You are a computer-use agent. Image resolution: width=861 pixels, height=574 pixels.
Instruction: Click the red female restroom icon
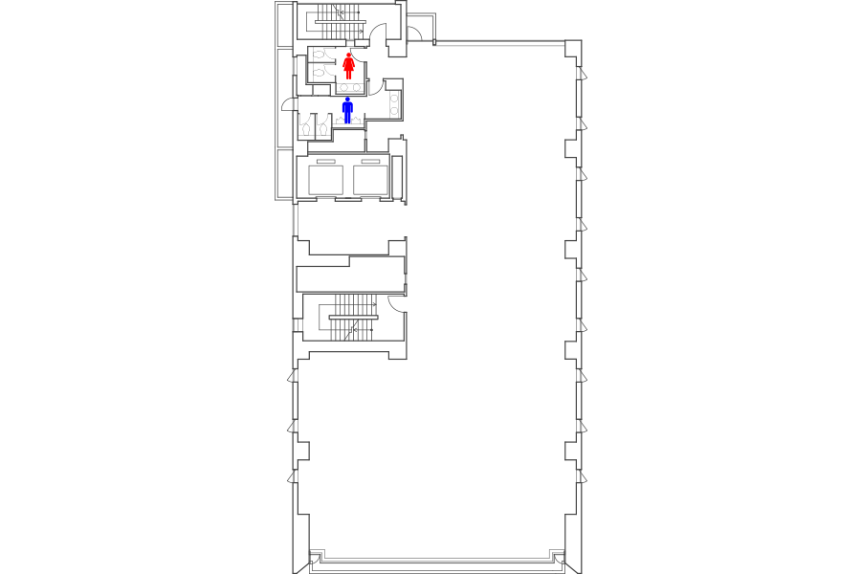click(350, 66)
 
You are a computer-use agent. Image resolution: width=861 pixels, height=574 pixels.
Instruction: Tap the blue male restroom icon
click(348, 110)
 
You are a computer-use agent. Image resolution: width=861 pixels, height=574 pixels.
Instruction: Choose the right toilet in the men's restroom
click(323, 123)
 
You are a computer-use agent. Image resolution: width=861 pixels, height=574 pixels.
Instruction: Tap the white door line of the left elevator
click(323, 196)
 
